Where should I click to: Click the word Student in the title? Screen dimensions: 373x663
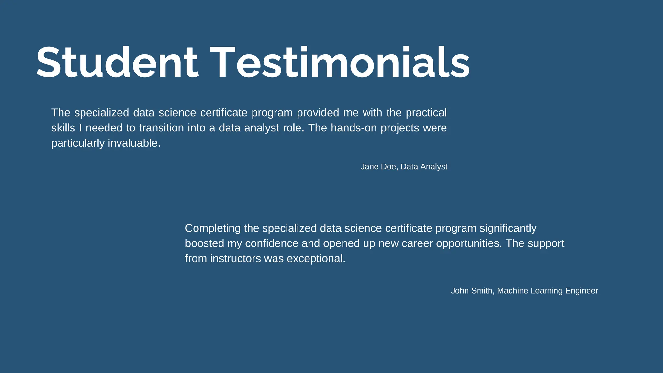117,63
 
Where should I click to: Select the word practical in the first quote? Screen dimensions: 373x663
426,113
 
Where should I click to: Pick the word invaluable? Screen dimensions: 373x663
134,143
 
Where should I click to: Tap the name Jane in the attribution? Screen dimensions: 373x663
369,167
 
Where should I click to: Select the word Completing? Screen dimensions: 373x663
213,229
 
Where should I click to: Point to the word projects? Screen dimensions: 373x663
400,128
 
